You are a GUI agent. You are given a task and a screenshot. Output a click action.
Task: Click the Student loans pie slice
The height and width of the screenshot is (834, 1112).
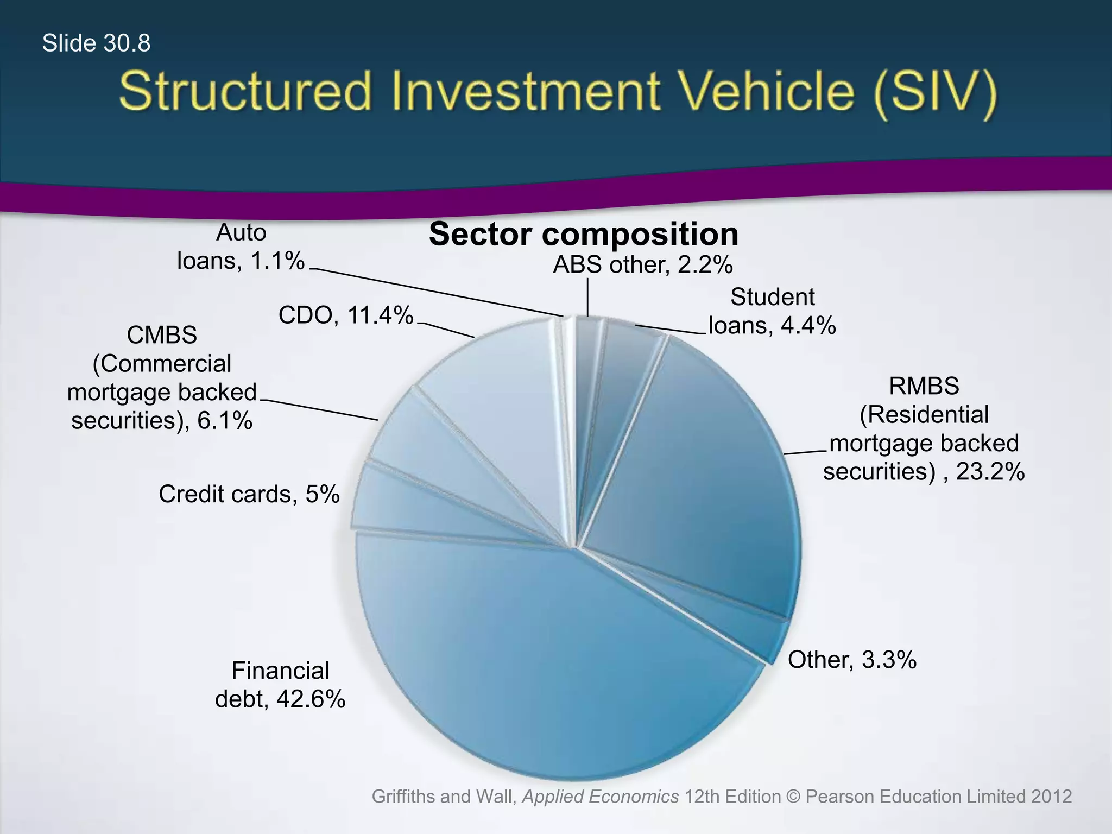624,380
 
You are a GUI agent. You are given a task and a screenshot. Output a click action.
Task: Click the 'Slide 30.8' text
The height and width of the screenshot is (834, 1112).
96,43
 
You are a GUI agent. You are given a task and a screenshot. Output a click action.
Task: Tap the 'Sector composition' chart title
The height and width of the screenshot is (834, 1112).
583,234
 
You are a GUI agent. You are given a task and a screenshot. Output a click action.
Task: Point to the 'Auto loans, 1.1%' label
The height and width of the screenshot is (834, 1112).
241,247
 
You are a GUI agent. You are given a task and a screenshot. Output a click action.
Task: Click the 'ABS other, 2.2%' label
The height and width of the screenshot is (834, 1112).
643,265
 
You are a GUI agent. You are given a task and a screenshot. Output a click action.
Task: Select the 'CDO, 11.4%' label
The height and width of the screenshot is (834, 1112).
346,315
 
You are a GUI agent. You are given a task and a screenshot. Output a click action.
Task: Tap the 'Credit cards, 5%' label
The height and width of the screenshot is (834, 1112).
249,494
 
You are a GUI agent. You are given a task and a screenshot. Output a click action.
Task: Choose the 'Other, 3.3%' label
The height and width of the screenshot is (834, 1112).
852,660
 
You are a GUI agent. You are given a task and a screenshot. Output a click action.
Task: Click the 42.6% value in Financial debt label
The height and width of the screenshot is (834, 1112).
311,699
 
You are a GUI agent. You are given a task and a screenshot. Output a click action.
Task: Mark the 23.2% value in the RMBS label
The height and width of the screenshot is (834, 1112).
990,471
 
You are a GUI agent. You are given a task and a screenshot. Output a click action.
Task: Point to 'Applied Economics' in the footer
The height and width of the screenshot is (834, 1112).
600,797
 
